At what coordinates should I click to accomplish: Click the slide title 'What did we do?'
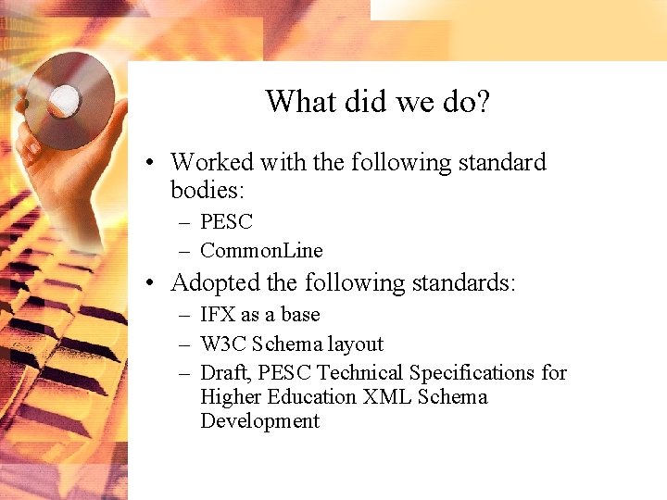tap(377, 101)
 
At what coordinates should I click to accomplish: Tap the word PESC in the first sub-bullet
tap(226, 222)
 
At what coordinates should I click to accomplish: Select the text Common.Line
tap(261, 250)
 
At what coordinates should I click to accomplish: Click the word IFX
tap(218, 315)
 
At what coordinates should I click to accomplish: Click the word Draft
tap(223, 373)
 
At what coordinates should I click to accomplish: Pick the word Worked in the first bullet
tap(211, 163)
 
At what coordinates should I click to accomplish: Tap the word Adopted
tap(215, 282)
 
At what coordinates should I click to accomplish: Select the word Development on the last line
tap(259, 421)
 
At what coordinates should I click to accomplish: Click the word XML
tap(387, 397)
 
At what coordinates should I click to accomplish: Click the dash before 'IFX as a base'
tap(185, 316)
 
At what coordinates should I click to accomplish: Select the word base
tap(300, 315)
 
